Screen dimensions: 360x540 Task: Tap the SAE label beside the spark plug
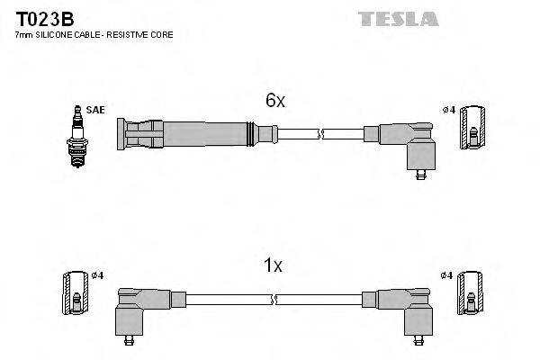tap(95, 110)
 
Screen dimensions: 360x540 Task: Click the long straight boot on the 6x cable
tap(189, 135)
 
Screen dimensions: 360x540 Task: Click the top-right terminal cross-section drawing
tap(475, 130)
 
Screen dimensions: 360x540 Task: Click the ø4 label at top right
tap(449, 110)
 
